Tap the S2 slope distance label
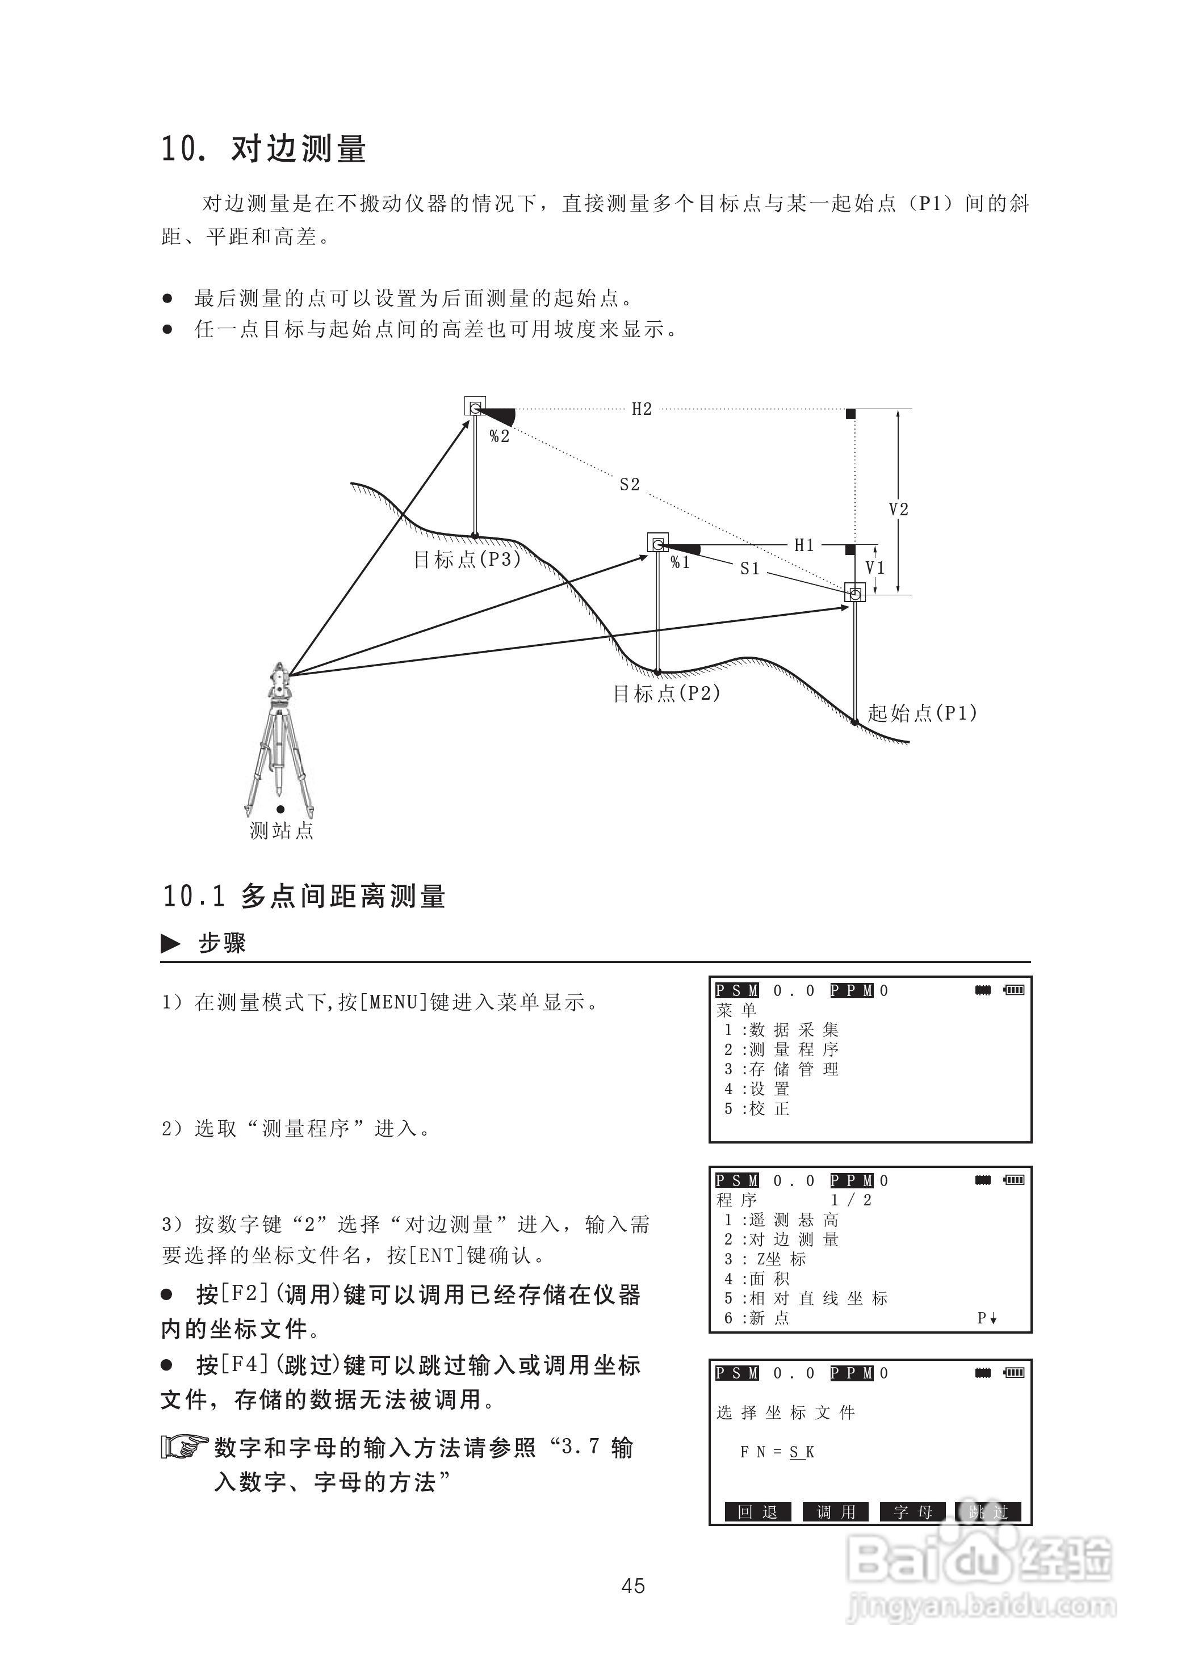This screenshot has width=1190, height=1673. [x=630, y=484]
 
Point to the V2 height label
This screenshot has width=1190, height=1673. [x=898, y=509]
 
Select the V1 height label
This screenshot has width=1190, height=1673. [x=875, y=568]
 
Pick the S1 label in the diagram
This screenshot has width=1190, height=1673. [x=749, y=569]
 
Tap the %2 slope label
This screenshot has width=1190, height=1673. [x=499, y=436]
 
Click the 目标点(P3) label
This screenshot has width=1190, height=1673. [x=467, y=560]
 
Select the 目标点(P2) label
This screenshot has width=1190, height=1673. [x=666, y=693]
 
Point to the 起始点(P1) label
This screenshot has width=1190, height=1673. [x=922, y=713]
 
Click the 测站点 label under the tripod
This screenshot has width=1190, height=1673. [x=282, y=831]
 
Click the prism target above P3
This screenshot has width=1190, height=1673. [x=475, y=406]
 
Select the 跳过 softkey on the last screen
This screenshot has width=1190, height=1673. [x=988, y=1512]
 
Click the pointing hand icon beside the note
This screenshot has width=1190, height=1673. [x=184, y=1447]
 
